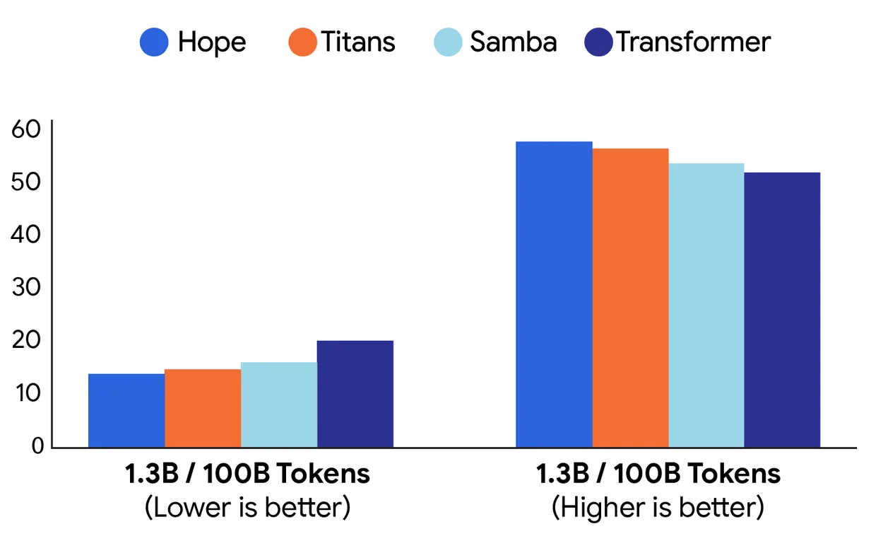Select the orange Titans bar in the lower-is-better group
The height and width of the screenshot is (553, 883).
(203, 408)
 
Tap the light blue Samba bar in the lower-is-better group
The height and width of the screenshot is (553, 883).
(279, 404)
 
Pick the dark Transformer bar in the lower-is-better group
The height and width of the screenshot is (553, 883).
(355, 394)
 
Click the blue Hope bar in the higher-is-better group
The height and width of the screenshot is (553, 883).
(554, 294)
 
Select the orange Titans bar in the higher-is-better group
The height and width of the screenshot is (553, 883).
(630, 298)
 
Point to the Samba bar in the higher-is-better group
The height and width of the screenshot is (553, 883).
(706, 305)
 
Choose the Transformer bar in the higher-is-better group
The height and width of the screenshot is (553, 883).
(782, 310)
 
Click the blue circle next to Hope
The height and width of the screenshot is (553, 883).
(155, 42)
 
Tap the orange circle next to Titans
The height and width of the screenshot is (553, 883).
(302, 42)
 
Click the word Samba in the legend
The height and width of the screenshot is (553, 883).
(514, 42)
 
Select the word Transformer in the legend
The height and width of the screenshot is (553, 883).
(693, 42)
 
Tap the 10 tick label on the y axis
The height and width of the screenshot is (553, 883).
(27, 393)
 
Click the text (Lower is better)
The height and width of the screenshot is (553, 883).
(247, 508)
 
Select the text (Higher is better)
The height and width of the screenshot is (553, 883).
(658, 508)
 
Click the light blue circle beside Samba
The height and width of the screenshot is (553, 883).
(448, 42)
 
